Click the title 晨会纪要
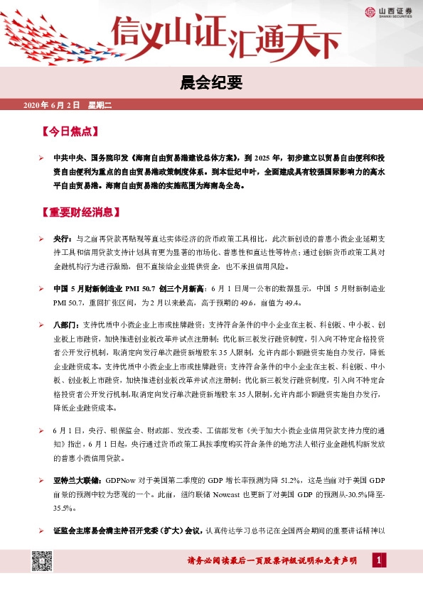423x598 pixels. coord(211,84)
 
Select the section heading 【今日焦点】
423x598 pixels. coord(70,132)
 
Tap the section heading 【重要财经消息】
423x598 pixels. coord(80,212)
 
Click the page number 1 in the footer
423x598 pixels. coord(379,562)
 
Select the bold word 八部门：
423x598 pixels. coord(68,325)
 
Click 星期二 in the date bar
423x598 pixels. coord(100,106)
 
